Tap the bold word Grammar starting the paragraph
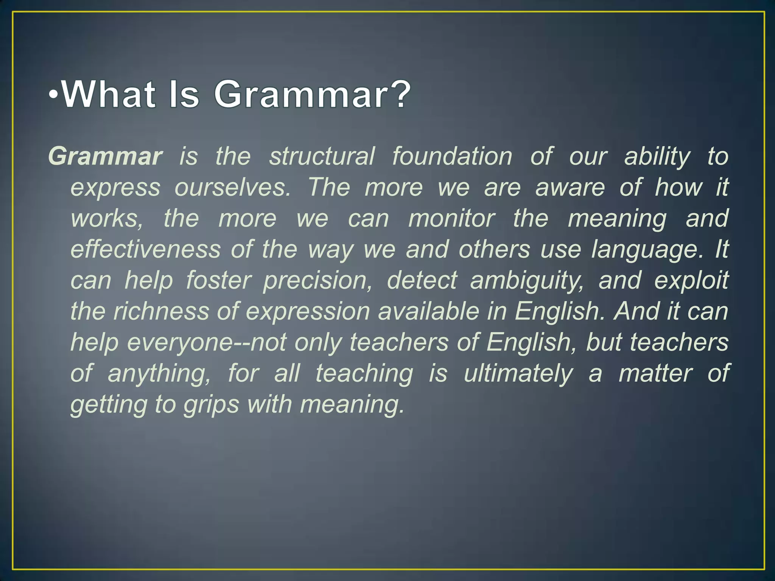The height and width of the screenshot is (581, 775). tap(105, 156)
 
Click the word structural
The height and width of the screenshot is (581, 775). tap(322, 156)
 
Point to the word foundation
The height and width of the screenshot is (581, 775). tap(452, 156)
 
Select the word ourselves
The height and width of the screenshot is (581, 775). tap(232, 187)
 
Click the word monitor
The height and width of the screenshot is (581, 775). tap(451, 218)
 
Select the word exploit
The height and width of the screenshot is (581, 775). tap(691, 281)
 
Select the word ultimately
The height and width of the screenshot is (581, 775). tap(518, 373)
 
